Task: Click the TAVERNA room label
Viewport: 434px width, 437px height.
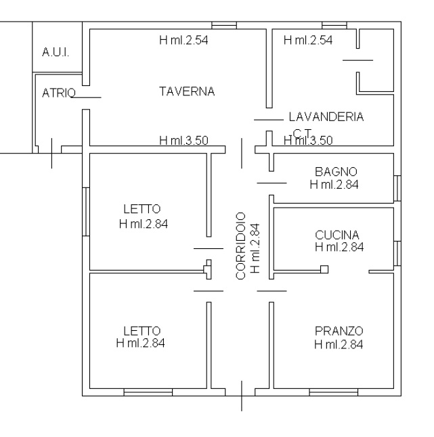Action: (x=187, y=91)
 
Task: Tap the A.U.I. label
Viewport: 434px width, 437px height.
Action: (x=56, y=52)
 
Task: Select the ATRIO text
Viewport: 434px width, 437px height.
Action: (x=59, y=93)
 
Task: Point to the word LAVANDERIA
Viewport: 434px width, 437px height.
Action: (x=326, y=117)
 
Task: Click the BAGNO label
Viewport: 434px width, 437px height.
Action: (x=336, y=172)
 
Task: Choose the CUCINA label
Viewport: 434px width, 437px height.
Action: (x=337, y=235)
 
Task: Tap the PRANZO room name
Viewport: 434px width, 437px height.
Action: (x=339, y=331)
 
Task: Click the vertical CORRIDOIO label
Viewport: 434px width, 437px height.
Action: (x=240, y=246)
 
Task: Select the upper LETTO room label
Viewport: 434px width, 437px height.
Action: (x=142, y=209)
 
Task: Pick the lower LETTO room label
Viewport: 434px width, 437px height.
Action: (x=142, y=331)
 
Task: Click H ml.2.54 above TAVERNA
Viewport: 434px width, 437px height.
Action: (x=183, y=40)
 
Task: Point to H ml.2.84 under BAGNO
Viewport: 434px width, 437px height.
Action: (x=334, y=185)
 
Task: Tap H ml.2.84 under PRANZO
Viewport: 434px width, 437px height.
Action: (x=339, y=344)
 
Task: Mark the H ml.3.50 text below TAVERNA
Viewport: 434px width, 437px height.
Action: (x=183, y=141)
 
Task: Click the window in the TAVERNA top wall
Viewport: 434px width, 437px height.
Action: (x=224, y=25)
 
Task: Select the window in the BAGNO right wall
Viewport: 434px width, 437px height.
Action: (x=397, y=189)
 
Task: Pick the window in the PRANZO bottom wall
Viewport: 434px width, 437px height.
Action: (x=334, y=392)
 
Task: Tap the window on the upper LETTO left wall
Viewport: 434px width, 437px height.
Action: (x=86, y=212)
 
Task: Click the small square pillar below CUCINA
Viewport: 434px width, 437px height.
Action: (x=324, y=269)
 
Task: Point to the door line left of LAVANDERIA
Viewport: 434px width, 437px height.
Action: (x=269, y=120)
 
